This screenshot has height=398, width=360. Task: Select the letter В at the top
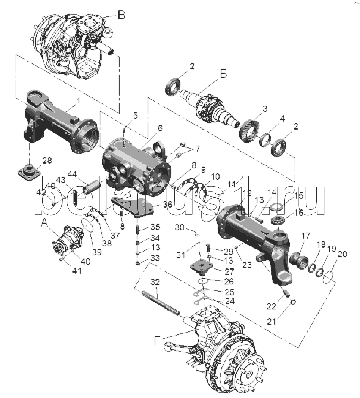click(121, 16)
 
